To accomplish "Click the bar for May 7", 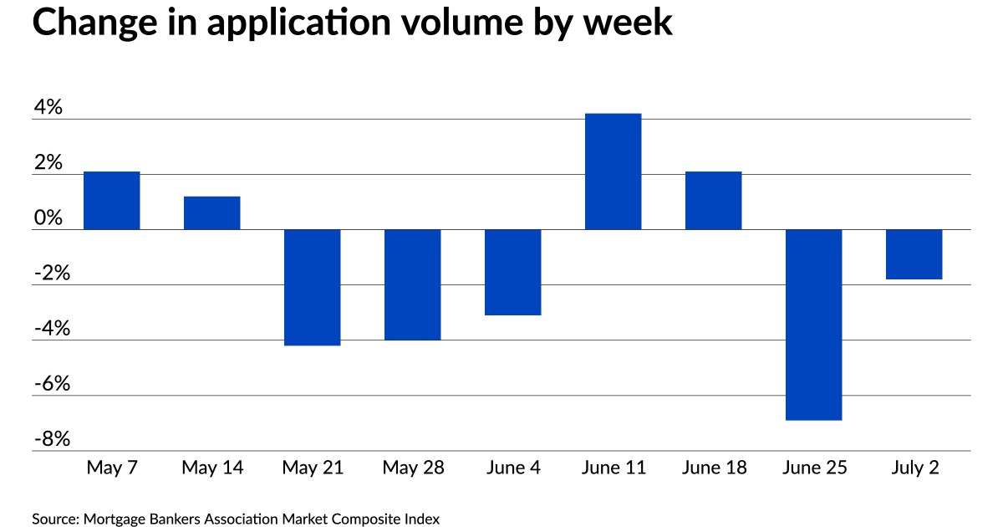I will pos(112,200).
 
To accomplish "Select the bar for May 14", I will pos(212,212).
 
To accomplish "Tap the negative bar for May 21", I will pos(313,287).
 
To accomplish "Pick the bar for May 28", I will pos(413,284).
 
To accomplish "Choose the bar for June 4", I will pos(513,272).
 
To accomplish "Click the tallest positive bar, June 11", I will pos(614,171).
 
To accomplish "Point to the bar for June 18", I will pos(714,200).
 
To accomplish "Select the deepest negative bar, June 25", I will pos(814,325).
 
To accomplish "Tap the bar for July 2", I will pos(914,254).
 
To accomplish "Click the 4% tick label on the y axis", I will pos(48,108).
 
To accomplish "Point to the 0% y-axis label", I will pos(48,218).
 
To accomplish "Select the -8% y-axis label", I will pos(51,440).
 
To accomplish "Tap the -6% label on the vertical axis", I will pos(51,385).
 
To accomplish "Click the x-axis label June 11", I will pos(614,468).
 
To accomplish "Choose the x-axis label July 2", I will pos(914,468).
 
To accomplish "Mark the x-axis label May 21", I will pos(313,468).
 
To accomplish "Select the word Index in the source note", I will pos(420,519).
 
